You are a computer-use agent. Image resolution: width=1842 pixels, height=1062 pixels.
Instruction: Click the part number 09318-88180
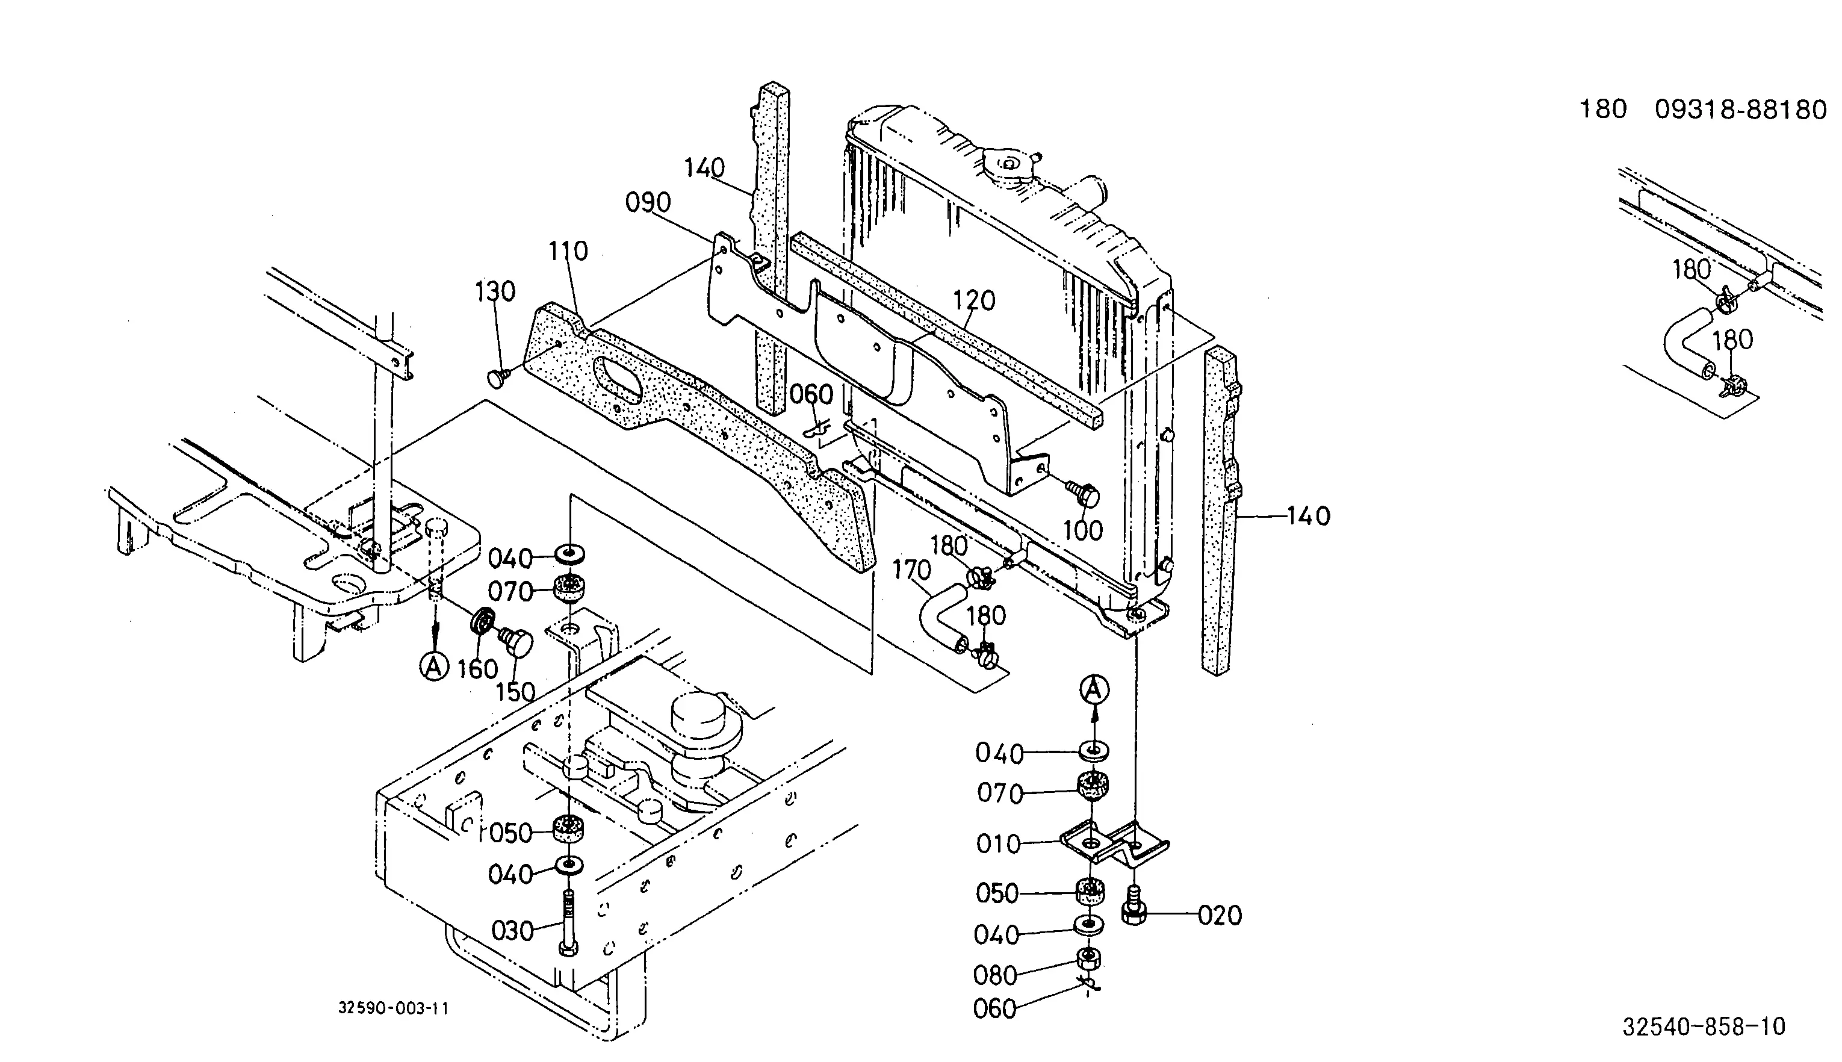point(1740,110)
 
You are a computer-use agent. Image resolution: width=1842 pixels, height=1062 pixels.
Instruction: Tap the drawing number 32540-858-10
point(1704,1027)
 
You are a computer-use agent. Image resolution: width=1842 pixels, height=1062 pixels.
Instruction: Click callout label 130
point(495,292)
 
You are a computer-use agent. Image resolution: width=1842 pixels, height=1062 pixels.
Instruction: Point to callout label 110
point(568,251)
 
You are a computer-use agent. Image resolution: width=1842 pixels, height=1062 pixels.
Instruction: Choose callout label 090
point(648,202)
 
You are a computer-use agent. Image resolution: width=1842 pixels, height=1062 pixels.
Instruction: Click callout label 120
point(974,300)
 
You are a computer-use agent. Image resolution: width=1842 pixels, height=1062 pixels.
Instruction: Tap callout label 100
point(1083,530)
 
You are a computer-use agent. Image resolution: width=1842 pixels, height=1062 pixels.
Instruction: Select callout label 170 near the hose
point(911,570)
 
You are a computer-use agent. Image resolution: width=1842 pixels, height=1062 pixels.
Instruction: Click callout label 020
point(1220,915)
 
